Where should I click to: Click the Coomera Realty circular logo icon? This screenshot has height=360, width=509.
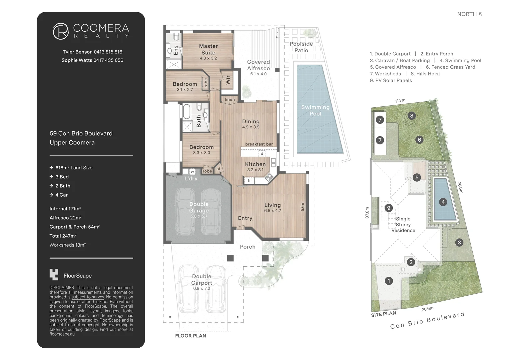point(61,31)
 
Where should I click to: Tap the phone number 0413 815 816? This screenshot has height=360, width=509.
point(108,52)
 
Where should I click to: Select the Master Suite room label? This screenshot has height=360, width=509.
point(208,49)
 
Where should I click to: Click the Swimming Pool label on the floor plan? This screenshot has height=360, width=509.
point(315,110)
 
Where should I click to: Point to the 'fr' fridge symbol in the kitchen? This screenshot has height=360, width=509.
point(249,181)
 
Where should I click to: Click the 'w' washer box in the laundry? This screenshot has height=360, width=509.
point(192,172)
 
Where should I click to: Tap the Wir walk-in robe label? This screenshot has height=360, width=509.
point(228,80)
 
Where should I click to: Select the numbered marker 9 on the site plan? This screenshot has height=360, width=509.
point(388,208)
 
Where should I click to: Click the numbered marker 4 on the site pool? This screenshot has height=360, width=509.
point(443,202)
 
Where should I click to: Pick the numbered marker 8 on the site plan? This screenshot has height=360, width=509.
point(412,116)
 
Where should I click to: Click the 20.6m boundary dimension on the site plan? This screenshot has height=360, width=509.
point(427,309)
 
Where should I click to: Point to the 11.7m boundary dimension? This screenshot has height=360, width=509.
point(400,100)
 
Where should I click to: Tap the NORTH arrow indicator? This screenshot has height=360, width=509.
point(480,14)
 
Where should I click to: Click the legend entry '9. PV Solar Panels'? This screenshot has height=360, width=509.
point(391,80)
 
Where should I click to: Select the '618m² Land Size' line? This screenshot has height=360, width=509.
point(74,168)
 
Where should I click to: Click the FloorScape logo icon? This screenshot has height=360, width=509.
point(54,274)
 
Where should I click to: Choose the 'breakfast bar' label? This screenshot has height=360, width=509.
point(259,144)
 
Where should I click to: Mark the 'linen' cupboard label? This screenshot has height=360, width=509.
point(230,99)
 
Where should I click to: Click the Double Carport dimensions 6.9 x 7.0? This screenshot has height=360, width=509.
point(202,288)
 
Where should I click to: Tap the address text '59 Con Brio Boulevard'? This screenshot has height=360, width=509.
point(81,133)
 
